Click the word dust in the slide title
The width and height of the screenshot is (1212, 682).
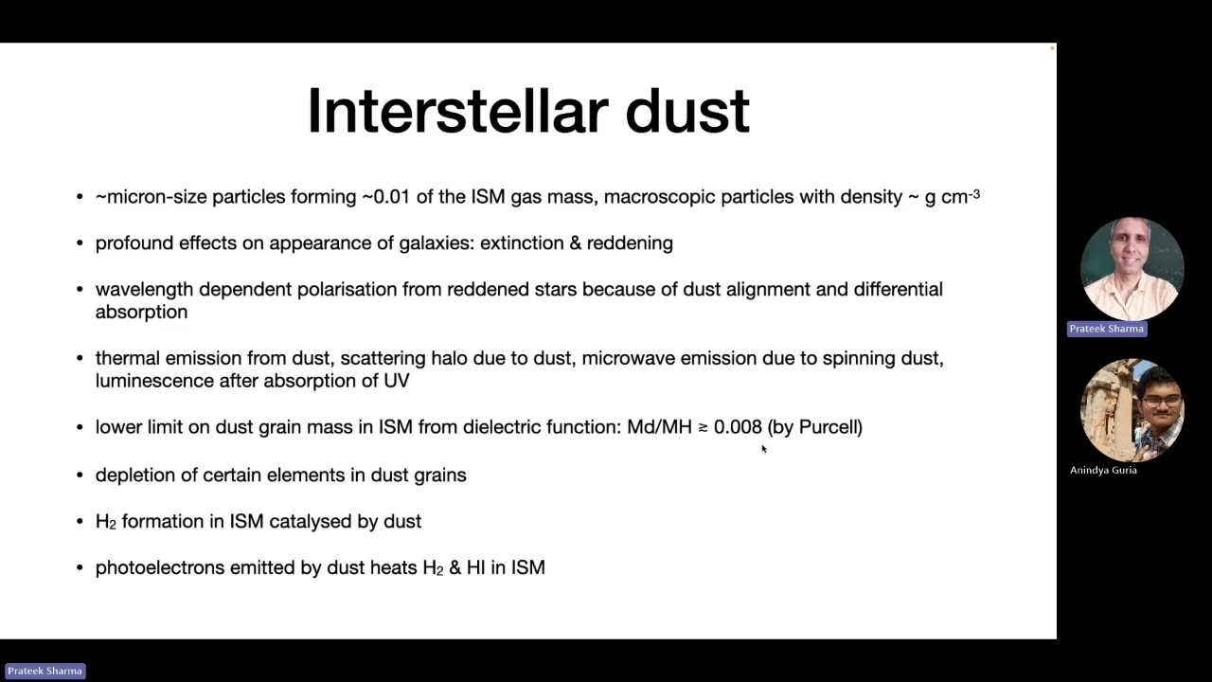(687, 111)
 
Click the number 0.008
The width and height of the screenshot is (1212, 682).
(738, 427)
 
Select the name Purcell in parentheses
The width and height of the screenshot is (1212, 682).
(828, 427)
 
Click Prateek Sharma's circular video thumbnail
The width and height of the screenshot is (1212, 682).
(1132, 269)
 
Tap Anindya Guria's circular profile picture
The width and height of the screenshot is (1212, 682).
(1132, 410)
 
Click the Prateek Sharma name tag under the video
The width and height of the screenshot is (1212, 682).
(1106, 329)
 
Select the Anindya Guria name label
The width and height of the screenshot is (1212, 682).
(1103, 470)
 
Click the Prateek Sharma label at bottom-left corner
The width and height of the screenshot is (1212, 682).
(45, 671)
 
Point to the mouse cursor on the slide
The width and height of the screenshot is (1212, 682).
(762, 448)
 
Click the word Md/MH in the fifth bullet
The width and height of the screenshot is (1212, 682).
(659, 427)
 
